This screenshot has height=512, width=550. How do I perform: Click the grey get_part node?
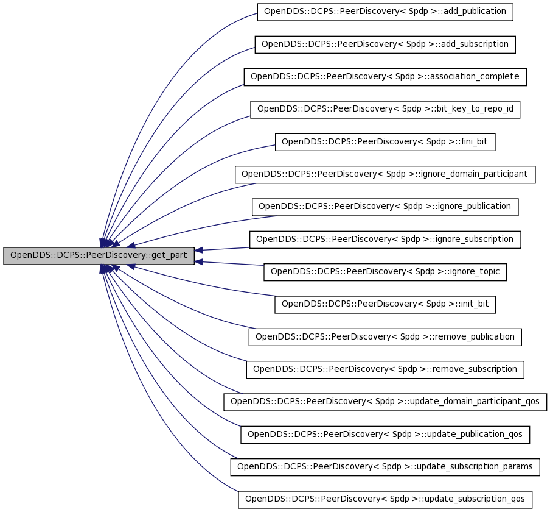tap(99, 255)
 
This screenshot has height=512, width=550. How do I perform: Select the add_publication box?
tap(385, 12)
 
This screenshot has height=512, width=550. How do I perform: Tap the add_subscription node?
tap(385, 44)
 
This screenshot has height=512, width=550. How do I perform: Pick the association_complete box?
tap(385, 77)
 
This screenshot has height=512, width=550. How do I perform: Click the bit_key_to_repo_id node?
tap(385, 110)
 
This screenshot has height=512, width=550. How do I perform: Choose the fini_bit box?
tap(385, 142)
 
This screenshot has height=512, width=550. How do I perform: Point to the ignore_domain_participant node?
tap(385, 175)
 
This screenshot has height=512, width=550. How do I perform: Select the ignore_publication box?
tap(385, 207)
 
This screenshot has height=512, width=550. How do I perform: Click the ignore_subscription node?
tap(385, 240)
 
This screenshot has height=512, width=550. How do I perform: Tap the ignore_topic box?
tap(385, 272)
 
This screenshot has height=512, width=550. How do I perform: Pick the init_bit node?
tap(385, 305)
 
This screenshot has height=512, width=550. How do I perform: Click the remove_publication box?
tap(385, 337)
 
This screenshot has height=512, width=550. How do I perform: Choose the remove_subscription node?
tap(385, 370)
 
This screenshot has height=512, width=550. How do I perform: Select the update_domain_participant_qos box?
tap(385, 402)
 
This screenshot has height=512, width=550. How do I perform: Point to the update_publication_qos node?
tap(385, 435)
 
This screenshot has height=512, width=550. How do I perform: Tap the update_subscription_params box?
tap(385, 467)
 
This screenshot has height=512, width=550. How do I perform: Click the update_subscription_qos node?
tap(385, 500)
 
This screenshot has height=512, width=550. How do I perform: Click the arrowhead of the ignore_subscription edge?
tap(198, 250)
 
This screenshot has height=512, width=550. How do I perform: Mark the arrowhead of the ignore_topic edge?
tap(198, 262)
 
